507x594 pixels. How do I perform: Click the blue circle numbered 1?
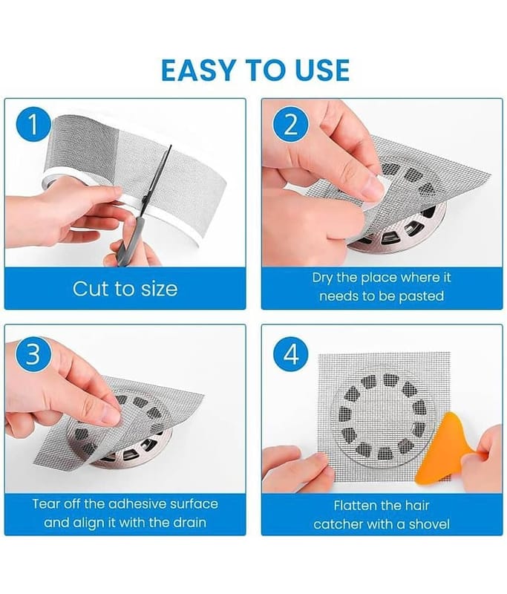pyautogui.click(x=33, y=124)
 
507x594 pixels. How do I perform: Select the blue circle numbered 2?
pyautogui.click(x=291, y=124)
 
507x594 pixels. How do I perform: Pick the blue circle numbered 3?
pyautogui.click(x=33, y=355)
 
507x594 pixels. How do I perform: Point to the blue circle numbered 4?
pyautogui.click(x=291, y=355)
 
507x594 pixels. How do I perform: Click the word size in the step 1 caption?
pyautogui.click(x=160, y=289)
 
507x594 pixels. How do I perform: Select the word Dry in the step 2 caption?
pyautogui.click(x=322, y=278)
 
